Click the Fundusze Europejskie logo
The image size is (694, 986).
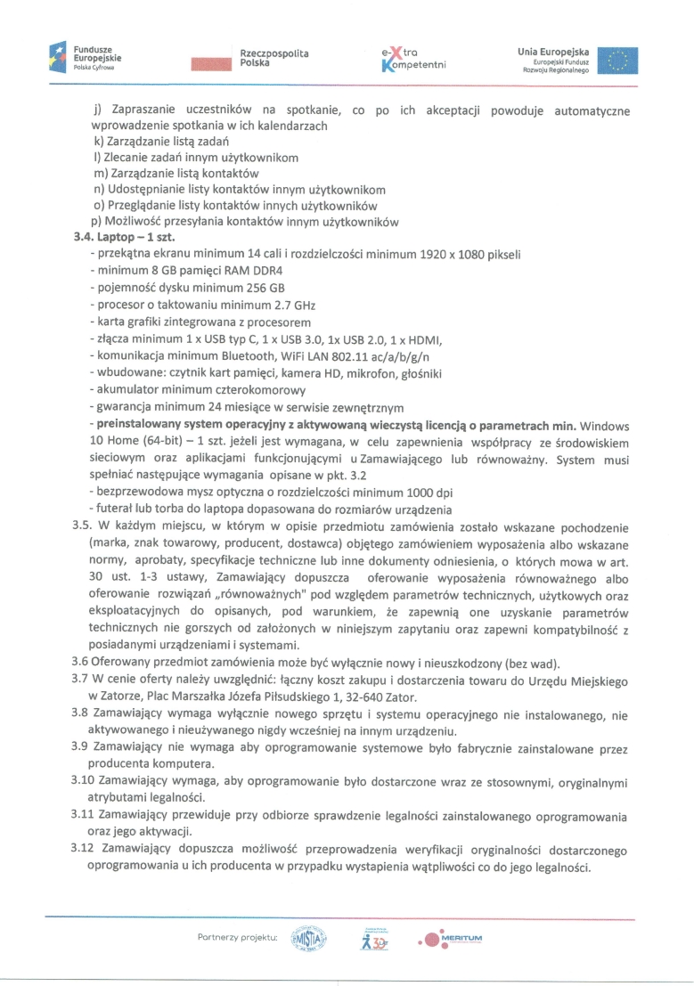[85, 58]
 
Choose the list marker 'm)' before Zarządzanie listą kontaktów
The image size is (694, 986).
[100, 173]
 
